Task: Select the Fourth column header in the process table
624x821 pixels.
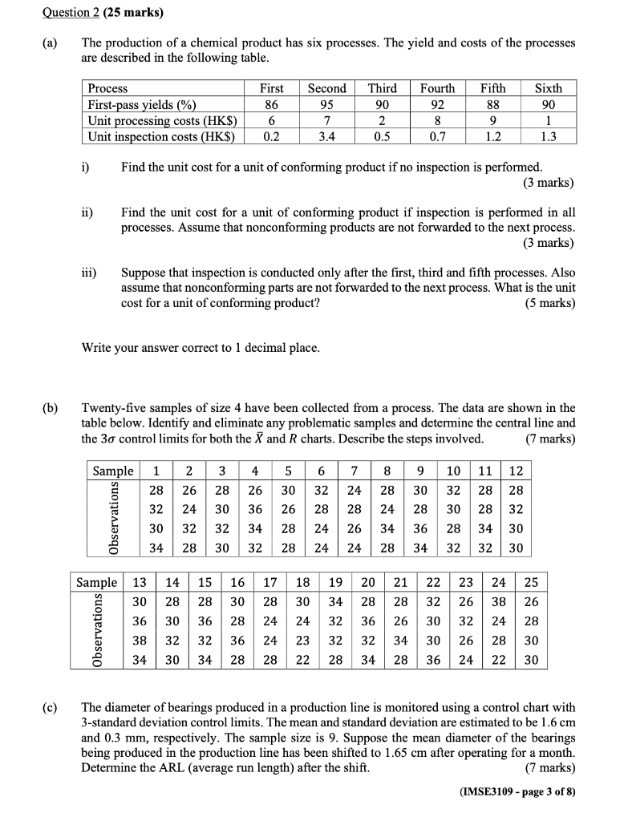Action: pos(437,88)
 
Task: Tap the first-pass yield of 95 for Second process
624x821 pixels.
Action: pos(327,104)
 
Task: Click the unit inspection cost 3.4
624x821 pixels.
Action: pos(327,136)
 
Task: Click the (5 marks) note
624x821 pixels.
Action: pos(549,303)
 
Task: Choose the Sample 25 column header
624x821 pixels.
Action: pos(533,581)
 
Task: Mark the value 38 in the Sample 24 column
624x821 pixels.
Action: pos(499,602)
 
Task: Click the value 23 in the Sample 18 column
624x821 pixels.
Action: pos(302,641)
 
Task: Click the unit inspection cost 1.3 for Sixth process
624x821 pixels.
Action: pos(548,136)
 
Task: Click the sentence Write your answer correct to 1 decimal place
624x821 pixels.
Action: pos(201,347)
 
